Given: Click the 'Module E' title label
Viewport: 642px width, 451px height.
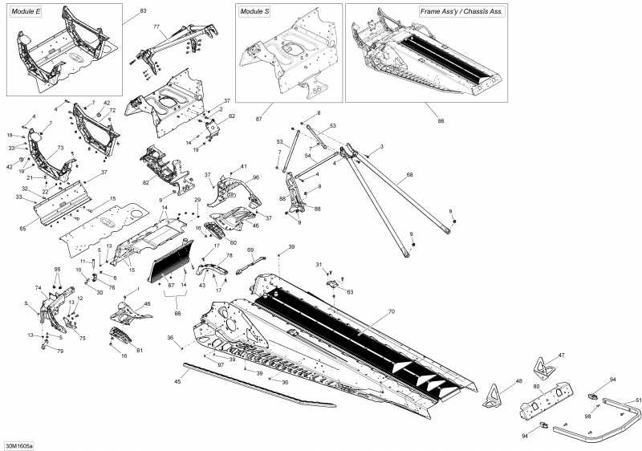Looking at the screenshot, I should point(26,11).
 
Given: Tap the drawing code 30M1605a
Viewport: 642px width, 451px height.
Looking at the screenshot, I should point(14,444).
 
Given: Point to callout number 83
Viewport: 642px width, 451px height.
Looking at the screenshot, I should point(144,11).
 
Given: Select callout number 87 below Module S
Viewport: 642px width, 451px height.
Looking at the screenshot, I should point(258,120).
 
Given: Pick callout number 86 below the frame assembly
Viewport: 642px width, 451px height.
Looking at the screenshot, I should point(440,120).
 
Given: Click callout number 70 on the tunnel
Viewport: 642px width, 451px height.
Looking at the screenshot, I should point(392,311).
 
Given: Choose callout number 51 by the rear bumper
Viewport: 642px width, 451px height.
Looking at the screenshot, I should point(639,399).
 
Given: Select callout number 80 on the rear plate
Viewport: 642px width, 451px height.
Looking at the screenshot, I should point(535,387).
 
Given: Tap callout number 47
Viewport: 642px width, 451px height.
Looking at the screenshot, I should point(561,356).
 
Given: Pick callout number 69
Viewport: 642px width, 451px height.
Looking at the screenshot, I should point(250,250).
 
